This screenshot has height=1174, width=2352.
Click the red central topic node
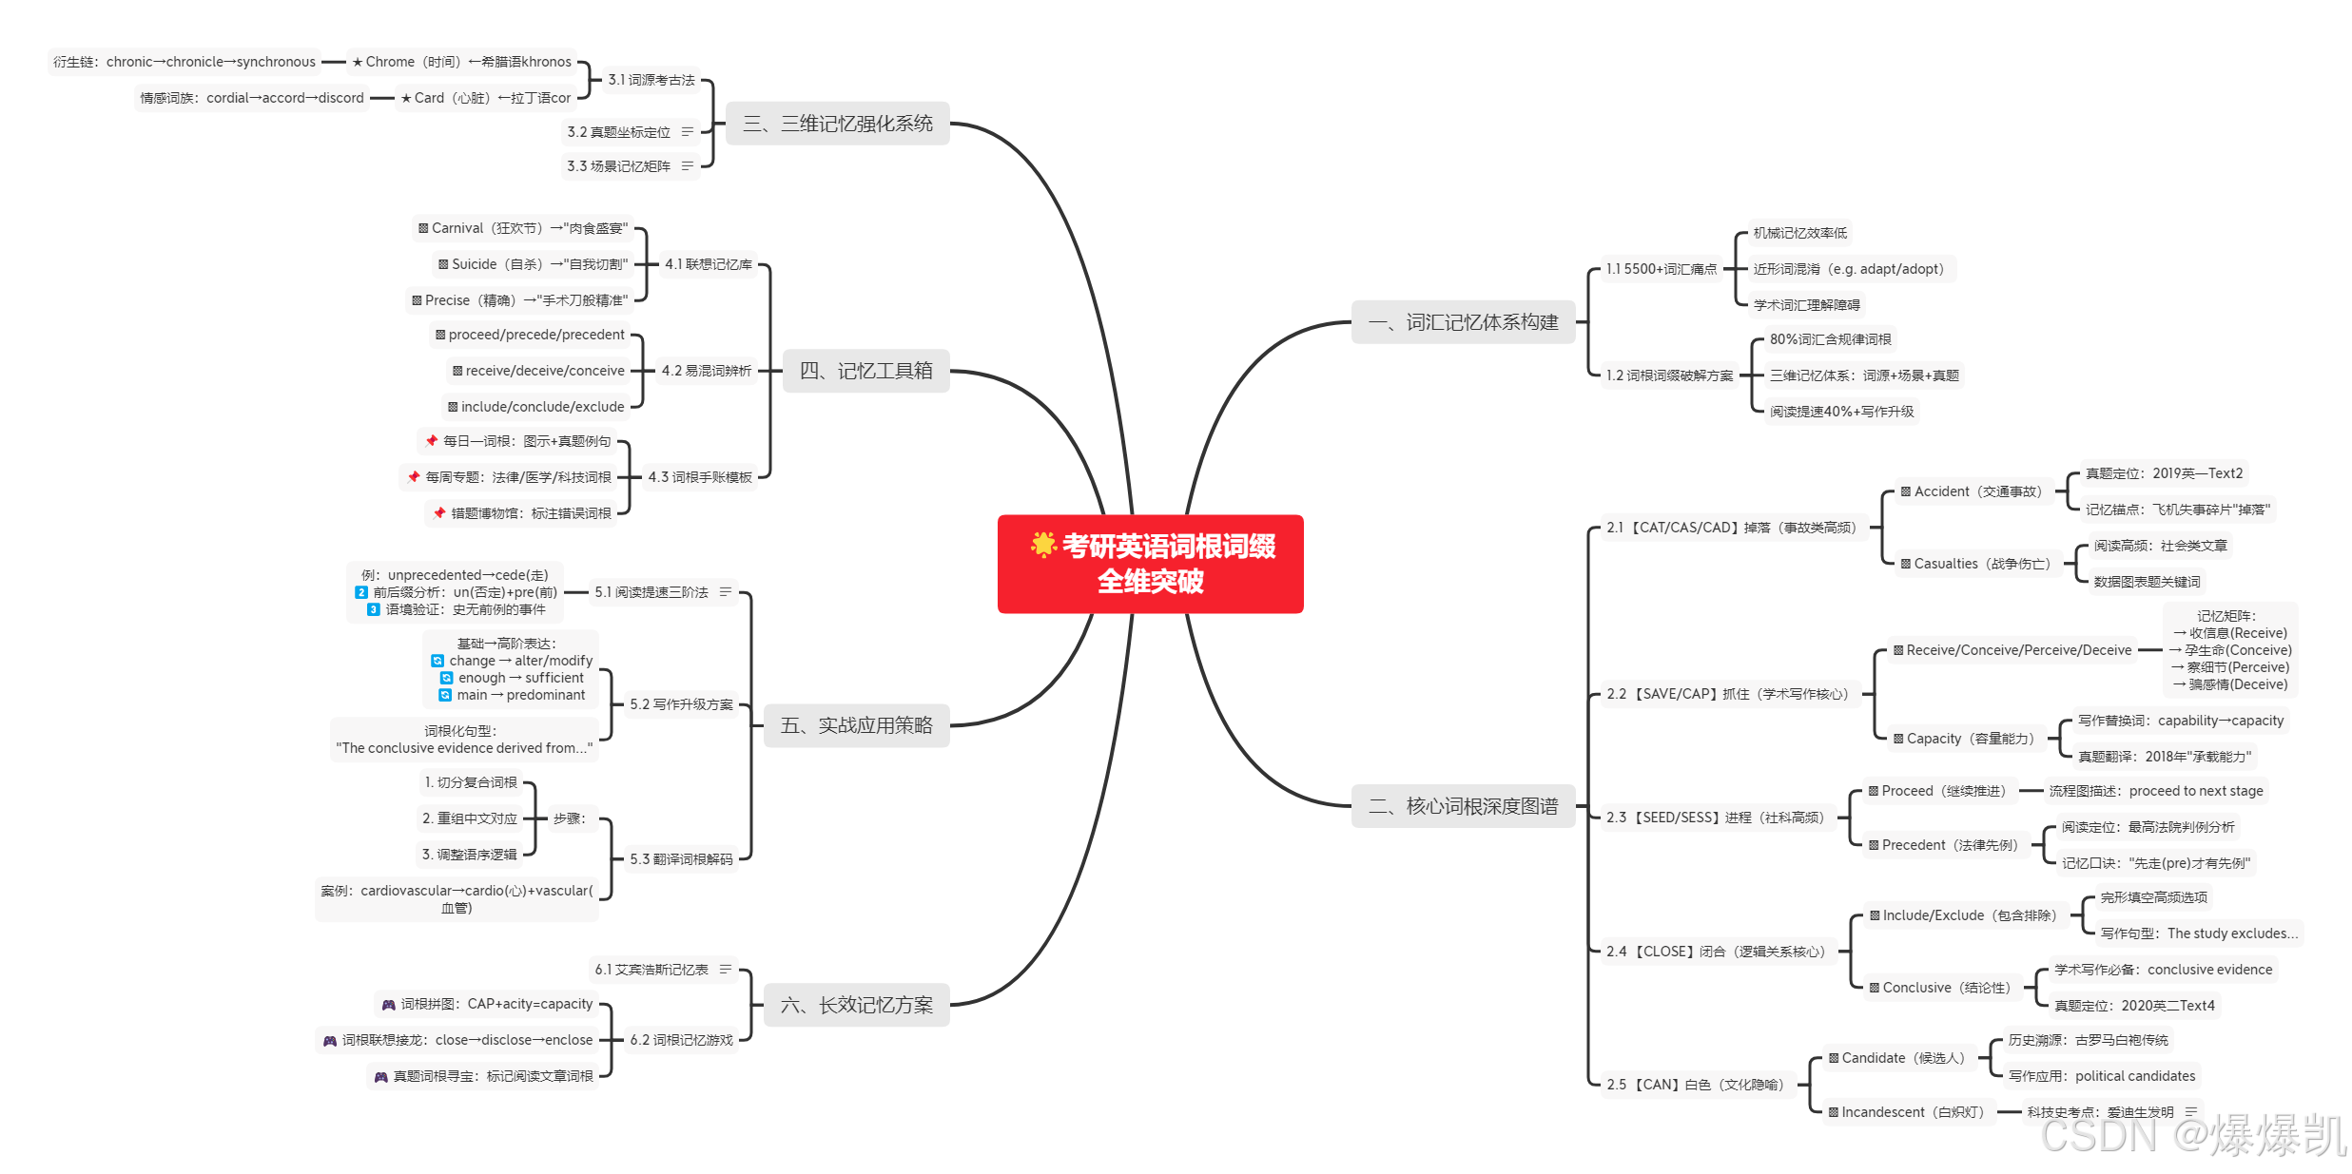[1150, 564]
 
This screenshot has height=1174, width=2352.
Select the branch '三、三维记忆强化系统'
[837, 124]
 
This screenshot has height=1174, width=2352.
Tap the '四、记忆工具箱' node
[865, 371]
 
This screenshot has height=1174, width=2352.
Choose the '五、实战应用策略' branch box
[856, 725]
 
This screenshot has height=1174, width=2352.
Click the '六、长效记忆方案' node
[856, 1005]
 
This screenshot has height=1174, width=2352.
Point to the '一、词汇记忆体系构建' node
[1463, 322]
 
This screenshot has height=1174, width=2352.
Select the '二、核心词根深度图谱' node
[1463, 806]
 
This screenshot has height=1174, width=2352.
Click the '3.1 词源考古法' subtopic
[651, 80]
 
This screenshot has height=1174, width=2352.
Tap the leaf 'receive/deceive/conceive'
[538, 371]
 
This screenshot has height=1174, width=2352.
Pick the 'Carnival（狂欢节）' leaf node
[523, 228]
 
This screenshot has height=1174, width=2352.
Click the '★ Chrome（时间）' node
[461, 62]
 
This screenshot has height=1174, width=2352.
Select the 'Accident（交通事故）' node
[1972, 491]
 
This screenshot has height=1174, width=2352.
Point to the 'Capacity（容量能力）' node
[1963, 739]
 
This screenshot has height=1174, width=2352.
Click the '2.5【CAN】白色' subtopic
[1695, 1085]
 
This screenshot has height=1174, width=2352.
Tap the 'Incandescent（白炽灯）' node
[1906, 1112]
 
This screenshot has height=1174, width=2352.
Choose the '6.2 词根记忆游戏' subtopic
[681, 1040]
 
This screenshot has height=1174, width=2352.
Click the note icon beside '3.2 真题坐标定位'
[688, 131]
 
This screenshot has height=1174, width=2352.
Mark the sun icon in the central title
[1043, 545]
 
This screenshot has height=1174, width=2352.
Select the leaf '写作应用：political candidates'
[2102, 1076]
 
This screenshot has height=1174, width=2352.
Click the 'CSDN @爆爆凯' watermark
[2192, 1136]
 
